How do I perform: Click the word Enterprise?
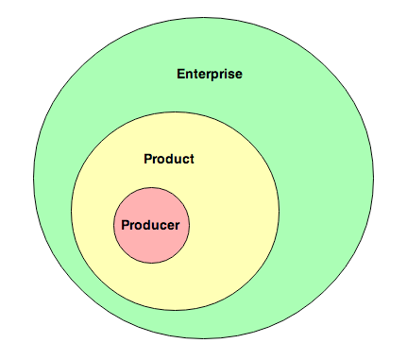209,74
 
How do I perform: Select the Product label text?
169,159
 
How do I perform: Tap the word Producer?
150,225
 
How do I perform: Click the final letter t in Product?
192,159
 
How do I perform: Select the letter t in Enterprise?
197,74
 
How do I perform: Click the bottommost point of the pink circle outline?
150,264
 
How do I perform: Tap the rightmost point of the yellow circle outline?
280,212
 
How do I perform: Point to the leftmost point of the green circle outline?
36,179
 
